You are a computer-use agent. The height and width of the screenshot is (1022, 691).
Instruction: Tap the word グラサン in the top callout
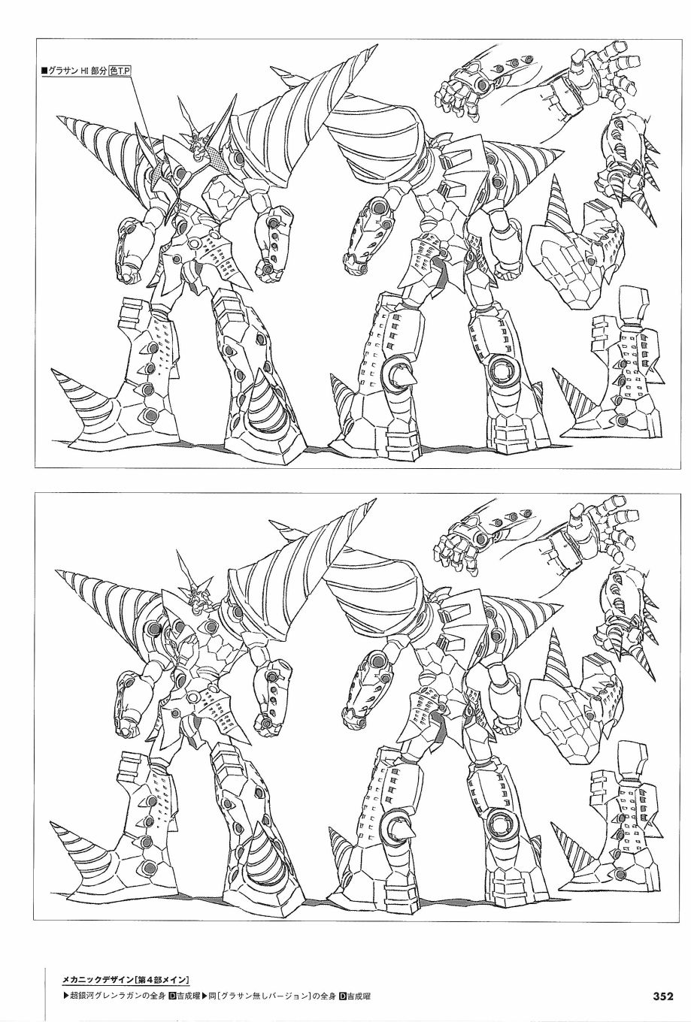[x=61, y=71]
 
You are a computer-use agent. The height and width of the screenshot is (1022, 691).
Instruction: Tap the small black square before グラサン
[x=44, y=71]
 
